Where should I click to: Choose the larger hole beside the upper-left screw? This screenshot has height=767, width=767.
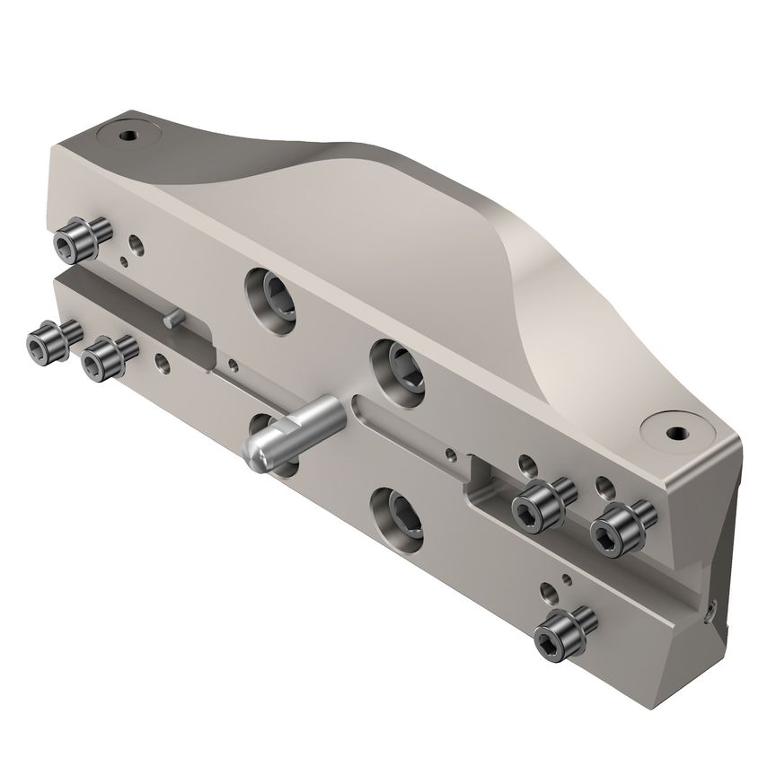click(135, 243)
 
